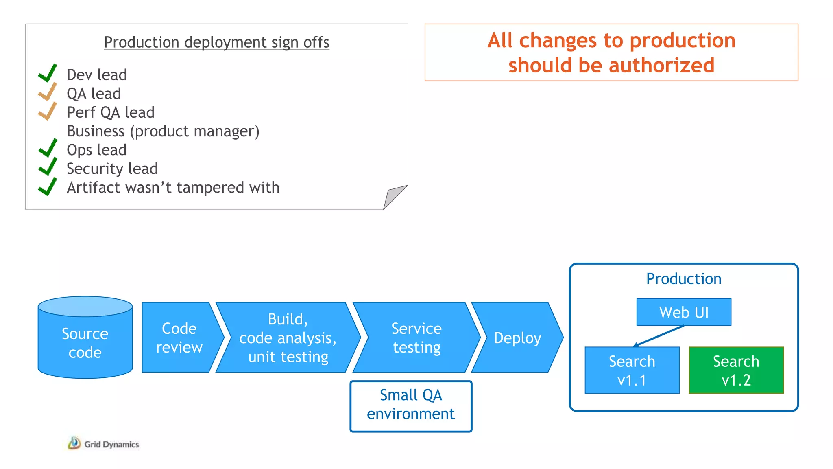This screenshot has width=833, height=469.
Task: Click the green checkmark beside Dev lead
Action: tap(48, 74)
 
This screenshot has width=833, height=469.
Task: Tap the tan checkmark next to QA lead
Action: tap(48, 92)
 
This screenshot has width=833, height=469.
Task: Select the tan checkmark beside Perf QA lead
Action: tap(48, 111)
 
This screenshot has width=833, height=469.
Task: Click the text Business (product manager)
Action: tap(163, 131)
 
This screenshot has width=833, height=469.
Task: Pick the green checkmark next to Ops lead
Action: tap(48, 149)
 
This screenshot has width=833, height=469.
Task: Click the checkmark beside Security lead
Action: tap(48, 167)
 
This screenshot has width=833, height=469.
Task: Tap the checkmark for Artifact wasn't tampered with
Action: tap(48, 186)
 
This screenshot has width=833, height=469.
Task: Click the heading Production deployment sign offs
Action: tap(216, 42)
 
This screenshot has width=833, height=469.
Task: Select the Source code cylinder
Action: tap(85, 343)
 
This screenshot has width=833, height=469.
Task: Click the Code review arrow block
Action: tap(179, 338)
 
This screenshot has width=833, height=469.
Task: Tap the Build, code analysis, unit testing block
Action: tap(288, 338)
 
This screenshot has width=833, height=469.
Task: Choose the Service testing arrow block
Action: tap(416, 338)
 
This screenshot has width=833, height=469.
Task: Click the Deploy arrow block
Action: tap(517, 338)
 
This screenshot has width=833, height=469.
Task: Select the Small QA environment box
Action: tap(411, 406)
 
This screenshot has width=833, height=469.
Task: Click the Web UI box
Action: tap(684, 312)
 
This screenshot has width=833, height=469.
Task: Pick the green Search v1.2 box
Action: tap(736, 370)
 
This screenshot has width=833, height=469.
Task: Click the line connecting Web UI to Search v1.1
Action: tap(659, 336)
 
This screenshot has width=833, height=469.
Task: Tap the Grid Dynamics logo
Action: tap(104, 444)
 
